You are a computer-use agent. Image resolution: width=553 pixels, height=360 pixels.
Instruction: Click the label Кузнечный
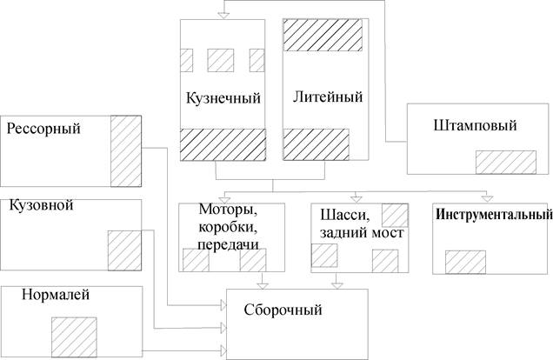[223, 96]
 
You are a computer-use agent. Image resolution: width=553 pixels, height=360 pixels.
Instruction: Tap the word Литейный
[323, 96]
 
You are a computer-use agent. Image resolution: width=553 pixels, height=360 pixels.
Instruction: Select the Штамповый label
[474, 126]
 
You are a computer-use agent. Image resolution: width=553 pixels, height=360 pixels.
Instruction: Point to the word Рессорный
[43, 129]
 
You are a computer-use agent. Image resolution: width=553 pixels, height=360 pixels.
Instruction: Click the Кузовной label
[41, 206]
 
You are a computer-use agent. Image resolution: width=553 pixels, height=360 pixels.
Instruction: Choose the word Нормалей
[57, 296]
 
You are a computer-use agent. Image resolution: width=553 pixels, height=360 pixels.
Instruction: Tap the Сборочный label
[283, 309]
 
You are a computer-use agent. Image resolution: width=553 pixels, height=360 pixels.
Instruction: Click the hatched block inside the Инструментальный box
[465, 262]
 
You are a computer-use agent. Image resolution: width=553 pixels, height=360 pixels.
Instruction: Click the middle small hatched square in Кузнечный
[221, 59]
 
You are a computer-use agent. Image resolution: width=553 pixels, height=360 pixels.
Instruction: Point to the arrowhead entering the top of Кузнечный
[223, 14]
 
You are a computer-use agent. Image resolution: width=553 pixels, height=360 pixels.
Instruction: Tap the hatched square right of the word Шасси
[395, 215]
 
